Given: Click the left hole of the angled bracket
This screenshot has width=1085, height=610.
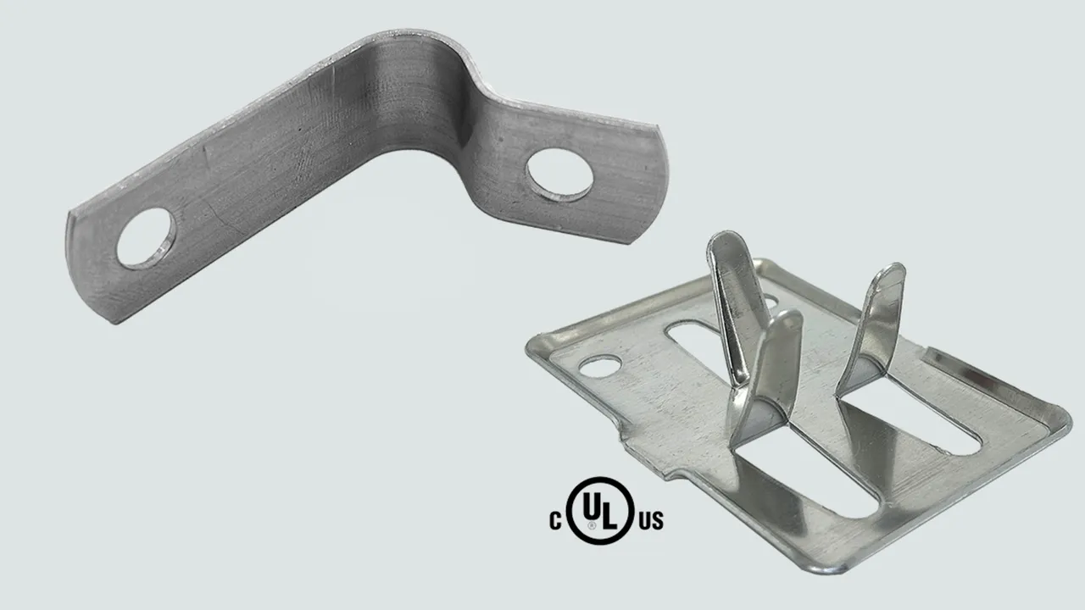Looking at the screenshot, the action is tap(147, 238).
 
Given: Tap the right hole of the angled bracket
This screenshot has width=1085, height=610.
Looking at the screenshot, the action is tap(559, 175).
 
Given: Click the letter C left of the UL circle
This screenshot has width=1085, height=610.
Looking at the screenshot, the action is tap(555, 521).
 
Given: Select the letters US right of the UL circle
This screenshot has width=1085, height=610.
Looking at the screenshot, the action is tap(652, 521).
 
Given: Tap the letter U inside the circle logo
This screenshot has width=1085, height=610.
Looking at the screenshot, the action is tap(592, 506).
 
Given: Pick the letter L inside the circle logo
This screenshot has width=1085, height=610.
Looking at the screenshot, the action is tap(609, 515).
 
